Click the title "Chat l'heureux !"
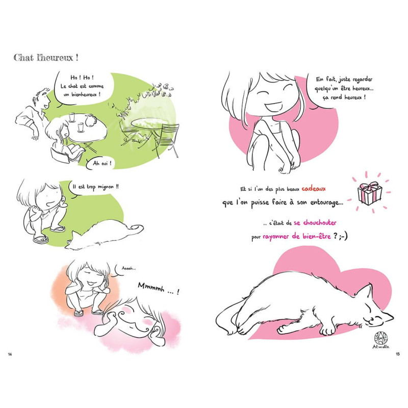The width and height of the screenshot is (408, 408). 46,58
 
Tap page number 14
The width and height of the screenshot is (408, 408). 10,354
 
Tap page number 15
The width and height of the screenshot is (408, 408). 398,354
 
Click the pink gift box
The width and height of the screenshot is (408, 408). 369,193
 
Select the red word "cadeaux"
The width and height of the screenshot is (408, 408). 314,189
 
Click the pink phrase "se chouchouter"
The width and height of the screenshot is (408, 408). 315,223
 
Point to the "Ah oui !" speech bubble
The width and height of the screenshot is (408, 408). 100,163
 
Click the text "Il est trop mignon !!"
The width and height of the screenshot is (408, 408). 96,187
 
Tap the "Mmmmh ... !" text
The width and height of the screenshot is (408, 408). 159,288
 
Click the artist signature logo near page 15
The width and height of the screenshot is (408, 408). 381,340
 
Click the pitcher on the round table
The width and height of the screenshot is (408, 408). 90,121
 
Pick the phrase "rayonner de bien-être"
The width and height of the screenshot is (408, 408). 297,237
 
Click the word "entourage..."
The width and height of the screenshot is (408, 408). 326,202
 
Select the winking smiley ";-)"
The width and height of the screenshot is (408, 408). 343,236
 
